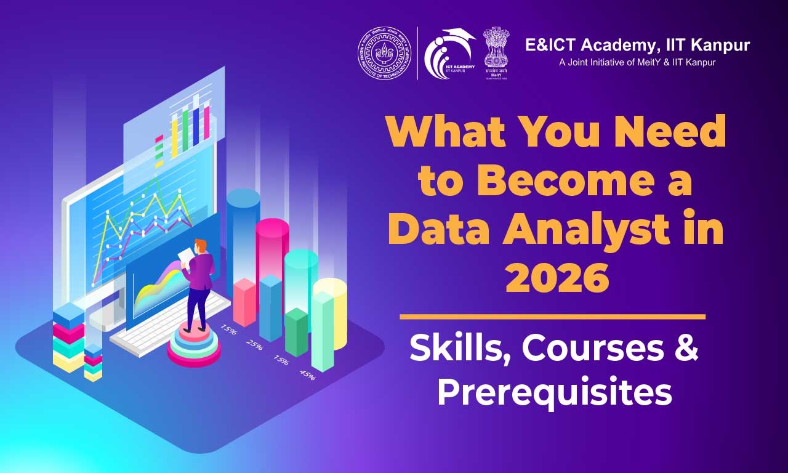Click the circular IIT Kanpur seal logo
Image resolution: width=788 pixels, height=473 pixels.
pyautogui.click(x=385, y=53)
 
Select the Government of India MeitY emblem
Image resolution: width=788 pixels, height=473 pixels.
pyautogui.click(x=496, y=52)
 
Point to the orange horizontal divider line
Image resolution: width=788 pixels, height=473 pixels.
pyautogui.click(x=552, y=317)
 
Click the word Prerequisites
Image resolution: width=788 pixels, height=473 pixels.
pyautogui.click(x=554, y=392)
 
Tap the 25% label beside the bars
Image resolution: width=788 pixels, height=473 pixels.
pyautogui.click(x=254, y=344)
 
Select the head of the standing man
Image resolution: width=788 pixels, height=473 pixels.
pyautogui.click(x=200, y=245)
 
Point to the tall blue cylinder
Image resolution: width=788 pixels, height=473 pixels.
pyautogui.click(x=243, y=234)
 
